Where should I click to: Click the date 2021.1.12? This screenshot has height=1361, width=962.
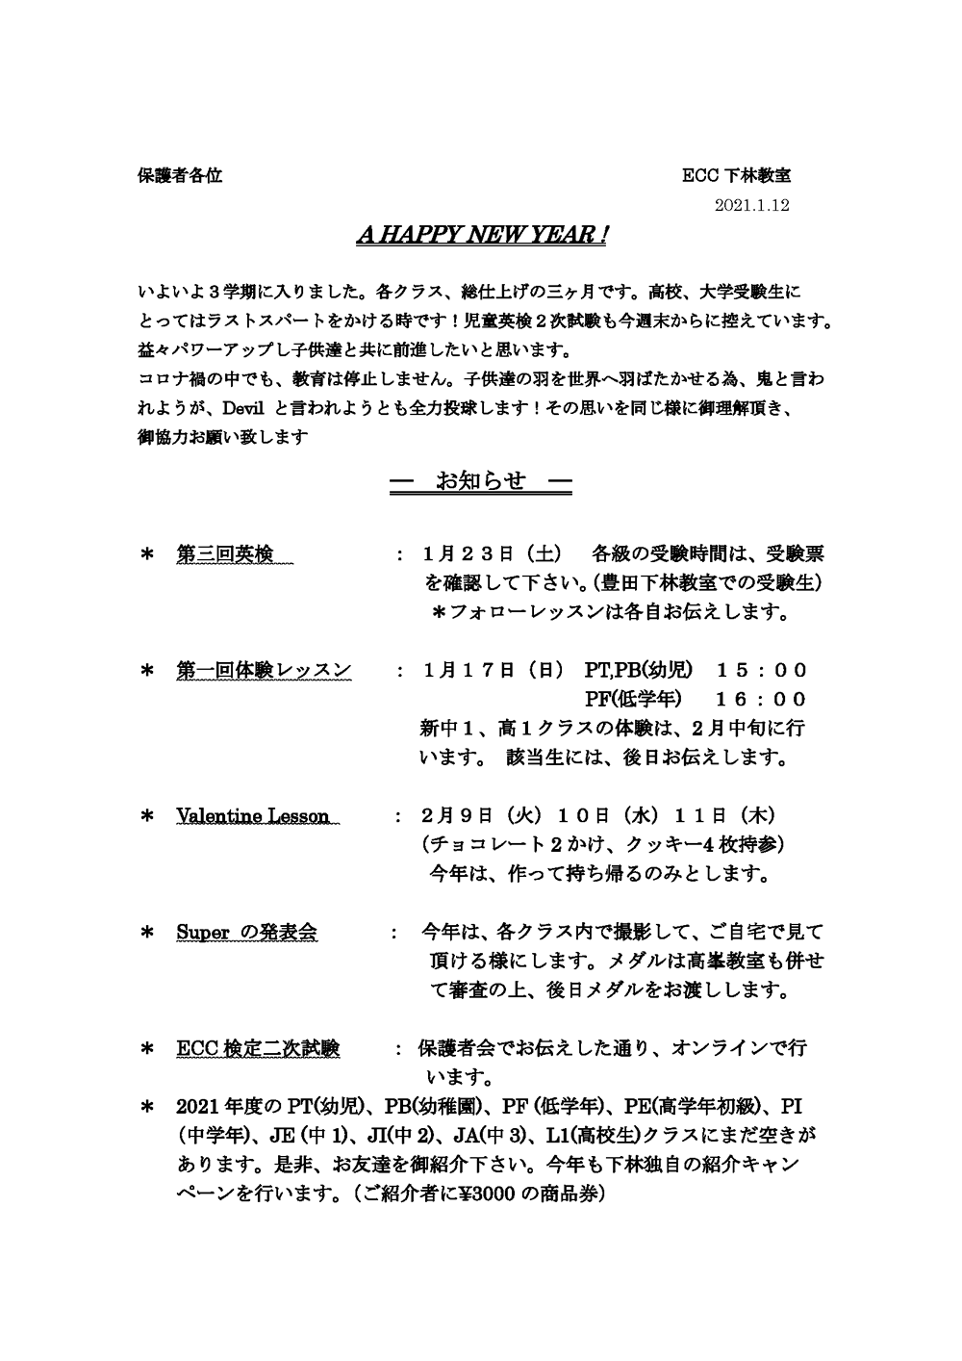point(753,206)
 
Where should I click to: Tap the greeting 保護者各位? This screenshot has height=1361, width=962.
point(180,176)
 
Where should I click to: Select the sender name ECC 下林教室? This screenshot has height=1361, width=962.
point(736,176)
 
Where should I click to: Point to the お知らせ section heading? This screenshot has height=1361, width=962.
point(481,481)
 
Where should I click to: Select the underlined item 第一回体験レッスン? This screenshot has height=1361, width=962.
point(264,671)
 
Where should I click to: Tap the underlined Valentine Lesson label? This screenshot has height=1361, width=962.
point(253,816)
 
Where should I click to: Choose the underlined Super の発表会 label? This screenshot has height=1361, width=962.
point(247,933)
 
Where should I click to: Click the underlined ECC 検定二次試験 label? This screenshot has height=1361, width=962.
point(258,1048)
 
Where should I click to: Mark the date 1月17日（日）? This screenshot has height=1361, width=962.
point(498,671)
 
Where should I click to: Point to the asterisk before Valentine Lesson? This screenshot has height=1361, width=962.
point(148,817)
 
